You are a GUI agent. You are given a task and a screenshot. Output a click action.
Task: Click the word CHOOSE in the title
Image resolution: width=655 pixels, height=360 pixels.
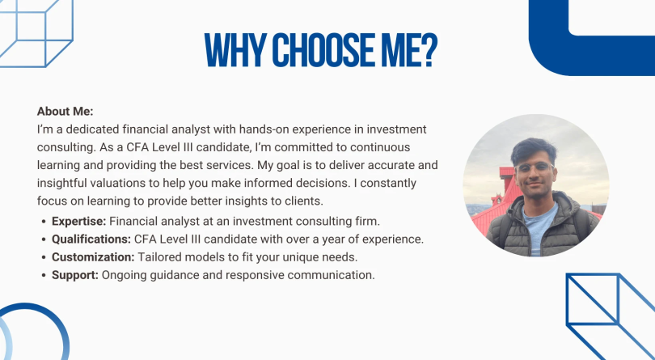click(x=319, y=50)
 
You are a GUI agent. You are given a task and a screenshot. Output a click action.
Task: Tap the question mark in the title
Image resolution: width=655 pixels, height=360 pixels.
click(x=427, y=50)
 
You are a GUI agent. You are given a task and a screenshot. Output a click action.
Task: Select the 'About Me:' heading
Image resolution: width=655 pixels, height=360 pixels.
click(x=65, y=111)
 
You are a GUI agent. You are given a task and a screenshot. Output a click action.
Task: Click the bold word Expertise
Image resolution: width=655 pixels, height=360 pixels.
click(x=79, y=221)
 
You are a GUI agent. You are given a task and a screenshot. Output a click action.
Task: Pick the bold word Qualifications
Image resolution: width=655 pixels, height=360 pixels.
click(x=91, y=239)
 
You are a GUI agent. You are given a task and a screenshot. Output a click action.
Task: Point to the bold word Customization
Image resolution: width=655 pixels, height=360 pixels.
click(x=93, y=256)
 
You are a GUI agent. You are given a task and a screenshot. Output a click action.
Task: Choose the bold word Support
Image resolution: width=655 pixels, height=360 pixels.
click(x=75, y=275)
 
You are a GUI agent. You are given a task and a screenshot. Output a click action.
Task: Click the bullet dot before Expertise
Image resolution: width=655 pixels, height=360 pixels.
click(x=44, y=222)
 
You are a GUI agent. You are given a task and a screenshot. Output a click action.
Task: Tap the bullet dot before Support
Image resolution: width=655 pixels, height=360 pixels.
click(x=44, y=276)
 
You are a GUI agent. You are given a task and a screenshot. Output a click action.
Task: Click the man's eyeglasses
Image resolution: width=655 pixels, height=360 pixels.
click(x=534, y=167)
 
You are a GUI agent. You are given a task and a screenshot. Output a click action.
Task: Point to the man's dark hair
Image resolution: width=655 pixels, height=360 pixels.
click(x=533, y=150)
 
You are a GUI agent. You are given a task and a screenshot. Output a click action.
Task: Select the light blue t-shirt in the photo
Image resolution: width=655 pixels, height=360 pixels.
click(x=541, y=228)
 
